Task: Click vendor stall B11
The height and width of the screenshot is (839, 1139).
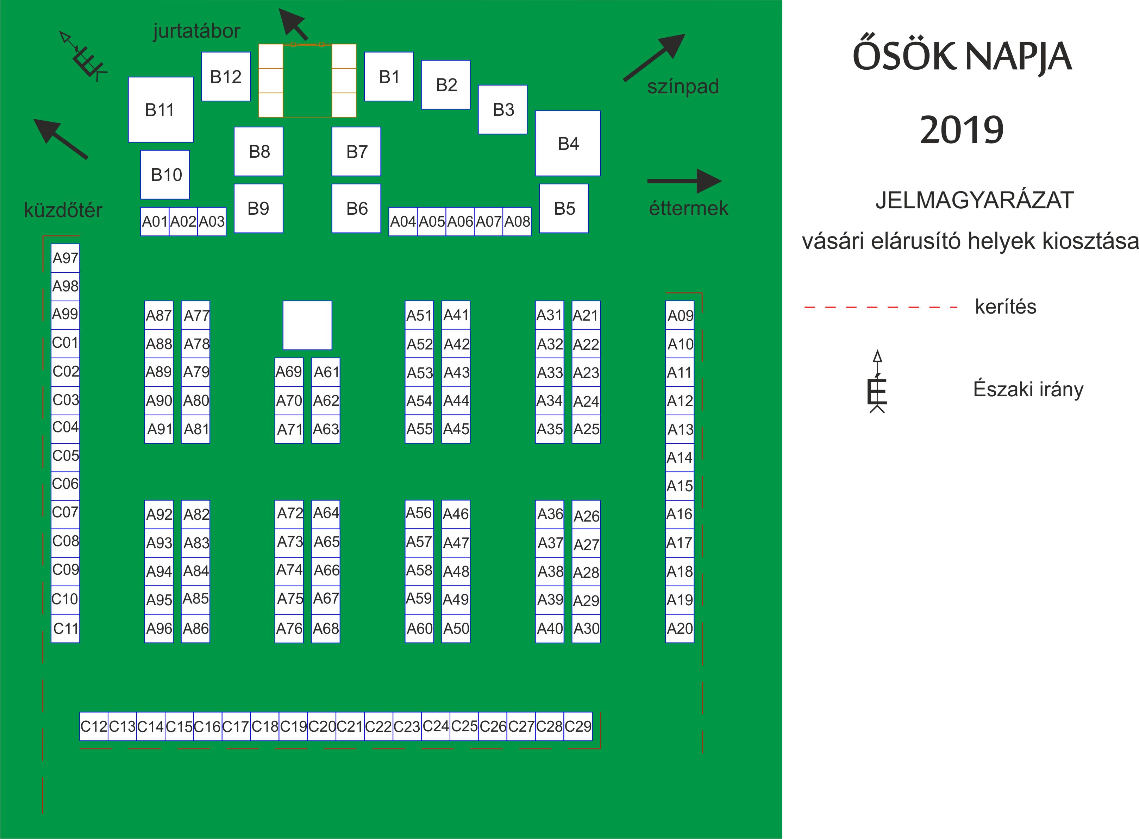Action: pos(161,110)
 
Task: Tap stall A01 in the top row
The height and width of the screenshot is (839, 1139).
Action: pos(155,221)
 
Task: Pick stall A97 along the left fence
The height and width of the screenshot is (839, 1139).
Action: pos(65,258)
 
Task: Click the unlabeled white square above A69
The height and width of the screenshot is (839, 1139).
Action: pos(307,325)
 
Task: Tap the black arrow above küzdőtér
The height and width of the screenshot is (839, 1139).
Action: pos(61,139)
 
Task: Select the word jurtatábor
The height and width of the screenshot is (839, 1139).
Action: pos(196,31)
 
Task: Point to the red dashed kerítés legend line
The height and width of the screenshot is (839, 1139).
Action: pos(881,307)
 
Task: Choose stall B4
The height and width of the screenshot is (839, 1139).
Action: pos(568,143)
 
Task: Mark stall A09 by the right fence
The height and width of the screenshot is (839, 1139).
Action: pos(680,315)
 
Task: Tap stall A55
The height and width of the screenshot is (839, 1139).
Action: pos(419,429)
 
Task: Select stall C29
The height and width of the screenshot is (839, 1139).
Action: pos(578,726)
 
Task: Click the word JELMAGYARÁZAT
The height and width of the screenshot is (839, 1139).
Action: pos(974,200)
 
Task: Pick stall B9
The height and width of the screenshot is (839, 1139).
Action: pos(258,208)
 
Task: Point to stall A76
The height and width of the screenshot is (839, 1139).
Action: pos(289,629)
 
